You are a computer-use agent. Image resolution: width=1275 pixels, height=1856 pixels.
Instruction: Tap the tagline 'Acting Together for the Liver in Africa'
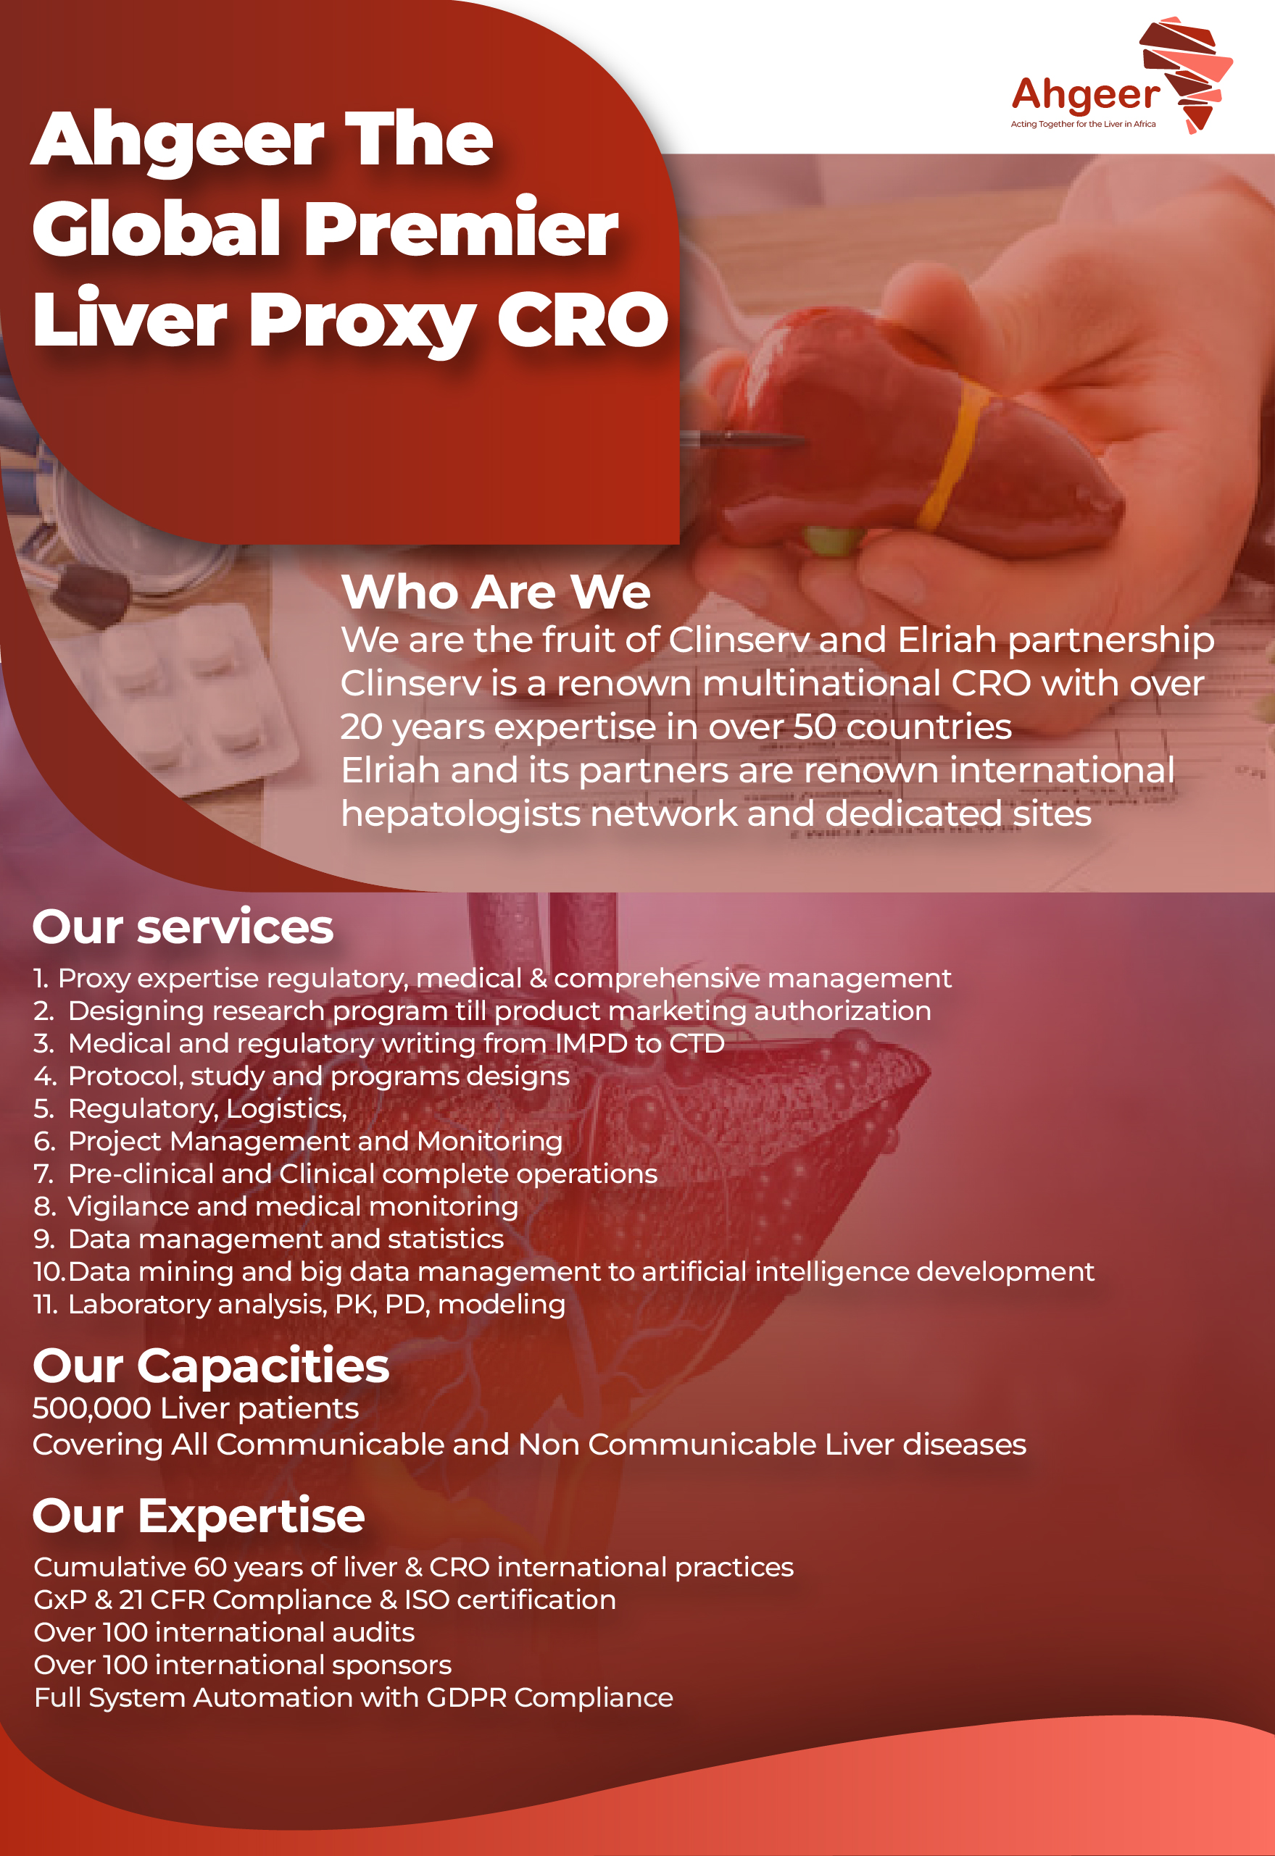pos(1083,124)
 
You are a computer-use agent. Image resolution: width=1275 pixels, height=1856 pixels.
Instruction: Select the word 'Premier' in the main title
pos(461,228)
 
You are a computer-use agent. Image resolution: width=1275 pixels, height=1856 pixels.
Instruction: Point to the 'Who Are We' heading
pos(495,592)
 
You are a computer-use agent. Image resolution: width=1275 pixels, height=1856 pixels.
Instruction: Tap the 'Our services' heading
pos(183,927)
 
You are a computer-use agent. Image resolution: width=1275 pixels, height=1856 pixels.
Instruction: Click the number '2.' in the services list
pos(44,1011)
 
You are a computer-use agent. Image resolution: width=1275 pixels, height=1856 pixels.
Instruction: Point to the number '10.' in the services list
pos(49,1271)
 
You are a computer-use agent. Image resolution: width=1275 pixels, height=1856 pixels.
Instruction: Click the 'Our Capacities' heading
pos(211,1366)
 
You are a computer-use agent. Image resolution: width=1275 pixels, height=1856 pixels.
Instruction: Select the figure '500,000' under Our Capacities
pos(92,1409)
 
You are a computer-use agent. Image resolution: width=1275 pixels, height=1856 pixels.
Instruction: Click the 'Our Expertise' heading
pos(198,1516)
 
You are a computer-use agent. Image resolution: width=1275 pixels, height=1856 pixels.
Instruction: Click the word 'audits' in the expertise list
pos(374,1632)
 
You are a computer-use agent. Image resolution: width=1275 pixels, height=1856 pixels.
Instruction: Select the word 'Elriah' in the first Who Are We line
pos(947,640)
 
